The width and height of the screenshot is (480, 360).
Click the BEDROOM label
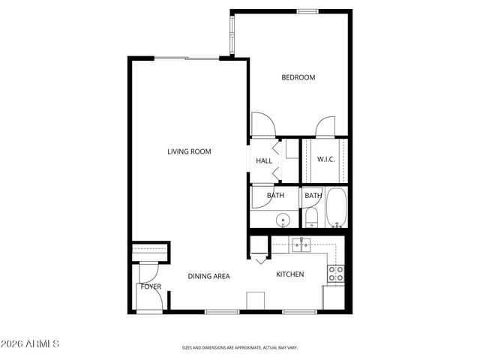298,77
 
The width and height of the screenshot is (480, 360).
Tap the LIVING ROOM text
189,151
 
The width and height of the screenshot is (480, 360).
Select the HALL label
264,160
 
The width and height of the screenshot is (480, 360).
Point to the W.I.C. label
325,159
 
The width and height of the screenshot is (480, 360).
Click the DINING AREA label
208,276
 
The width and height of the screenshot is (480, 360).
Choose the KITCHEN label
289,274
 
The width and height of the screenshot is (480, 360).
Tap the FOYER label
151,286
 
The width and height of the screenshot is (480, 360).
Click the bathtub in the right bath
335,208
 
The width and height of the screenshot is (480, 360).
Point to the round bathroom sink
283,220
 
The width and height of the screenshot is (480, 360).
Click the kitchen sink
302,244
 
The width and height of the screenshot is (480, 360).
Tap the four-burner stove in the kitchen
336,274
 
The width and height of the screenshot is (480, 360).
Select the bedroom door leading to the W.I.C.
325,127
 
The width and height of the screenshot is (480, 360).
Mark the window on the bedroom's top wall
307,11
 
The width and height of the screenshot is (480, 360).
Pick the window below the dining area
222,311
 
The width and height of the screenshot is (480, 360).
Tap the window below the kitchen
301,311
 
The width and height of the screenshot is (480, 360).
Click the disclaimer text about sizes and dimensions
240,348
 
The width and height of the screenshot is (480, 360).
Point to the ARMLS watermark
30,344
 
